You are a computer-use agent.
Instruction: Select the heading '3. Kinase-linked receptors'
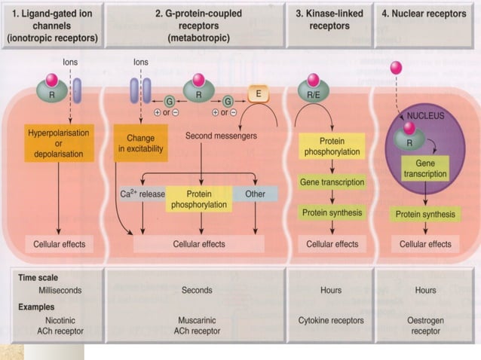(x=329, y=18)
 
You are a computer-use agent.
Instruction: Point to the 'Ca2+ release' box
(x=142, y=194)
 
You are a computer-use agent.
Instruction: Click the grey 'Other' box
(x=255, y=194)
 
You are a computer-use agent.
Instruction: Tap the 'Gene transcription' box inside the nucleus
(x=425, y=168)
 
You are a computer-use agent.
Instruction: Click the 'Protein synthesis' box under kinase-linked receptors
(x=332, y=212)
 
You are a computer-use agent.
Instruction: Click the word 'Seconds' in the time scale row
(x=197, y=290)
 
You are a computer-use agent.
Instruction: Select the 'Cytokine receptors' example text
(x=331, y=320)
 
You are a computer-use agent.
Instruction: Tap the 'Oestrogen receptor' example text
(x=425, y=325)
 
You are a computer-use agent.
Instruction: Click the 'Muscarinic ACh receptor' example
(x=198, y=325)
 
